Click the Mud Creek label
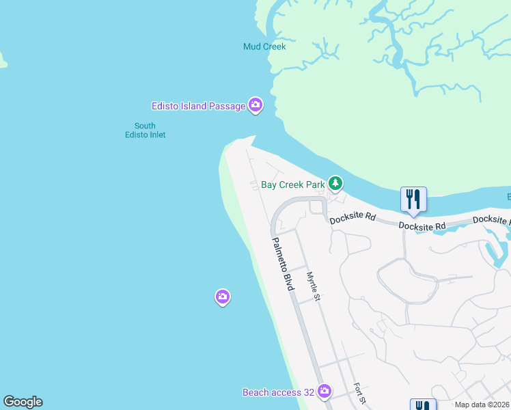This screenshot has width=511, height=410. [x=264, y=46]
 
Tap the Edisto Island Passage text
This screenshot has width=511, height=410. [x=198, y=106]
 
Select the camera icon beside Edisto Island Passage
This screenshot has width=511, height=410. [x=255, y=105]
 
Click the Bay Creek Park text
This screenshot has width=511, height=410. [x=293, y=184]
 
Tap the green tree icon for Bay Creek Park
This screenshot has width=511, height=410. [x=335, y=183]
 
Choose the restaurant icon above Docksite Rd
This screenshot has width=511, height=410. [x=413, y=199]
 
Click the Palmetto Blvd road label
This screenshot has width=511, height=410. [x=282, y=264]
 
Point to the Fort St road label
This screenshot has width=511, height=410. [x=360, y=394]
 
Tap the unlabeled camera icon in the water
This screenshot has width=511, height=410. [x=222, y=297]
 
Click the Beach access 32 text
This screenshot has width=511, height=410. [x=278, y=392]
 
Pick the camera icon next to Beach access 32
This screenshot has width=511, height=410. [x=324, y=392]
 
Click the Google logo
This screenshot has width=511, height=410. [x=23, y=402]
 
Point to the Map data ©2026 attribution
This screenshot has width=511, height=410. [x=482, y=405]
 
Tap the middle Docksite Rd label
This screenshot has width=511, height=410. [x=422, y=225]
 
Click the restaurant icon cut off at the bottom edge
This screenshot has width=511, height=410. [x=422, y=405]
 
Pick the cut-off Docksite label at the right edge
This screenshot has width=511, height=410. [x=492, y=220]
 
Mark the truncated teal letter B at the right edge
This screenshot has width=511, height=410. [x=508, y=197]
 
